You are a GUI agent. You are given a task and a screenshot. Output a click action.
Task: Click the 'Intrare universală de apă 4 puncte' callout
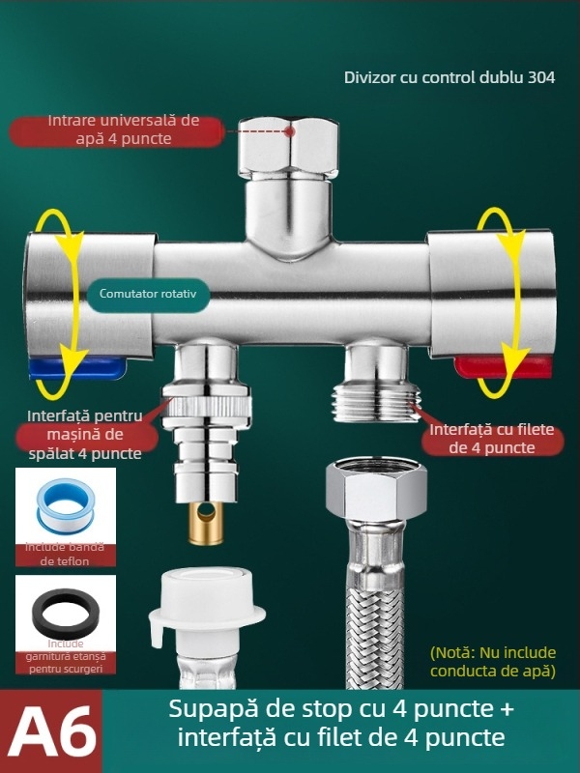[123, 129]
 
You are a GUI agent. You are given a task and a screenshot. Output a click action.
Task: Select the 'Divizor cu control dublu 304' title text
[449, 78]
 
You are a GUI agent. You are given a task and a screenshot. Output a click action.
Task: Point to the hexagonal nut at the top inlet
[288, 146]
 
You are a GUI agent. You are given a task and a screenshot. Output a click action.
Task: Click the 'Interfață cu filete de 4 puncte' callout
[494, 438]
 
